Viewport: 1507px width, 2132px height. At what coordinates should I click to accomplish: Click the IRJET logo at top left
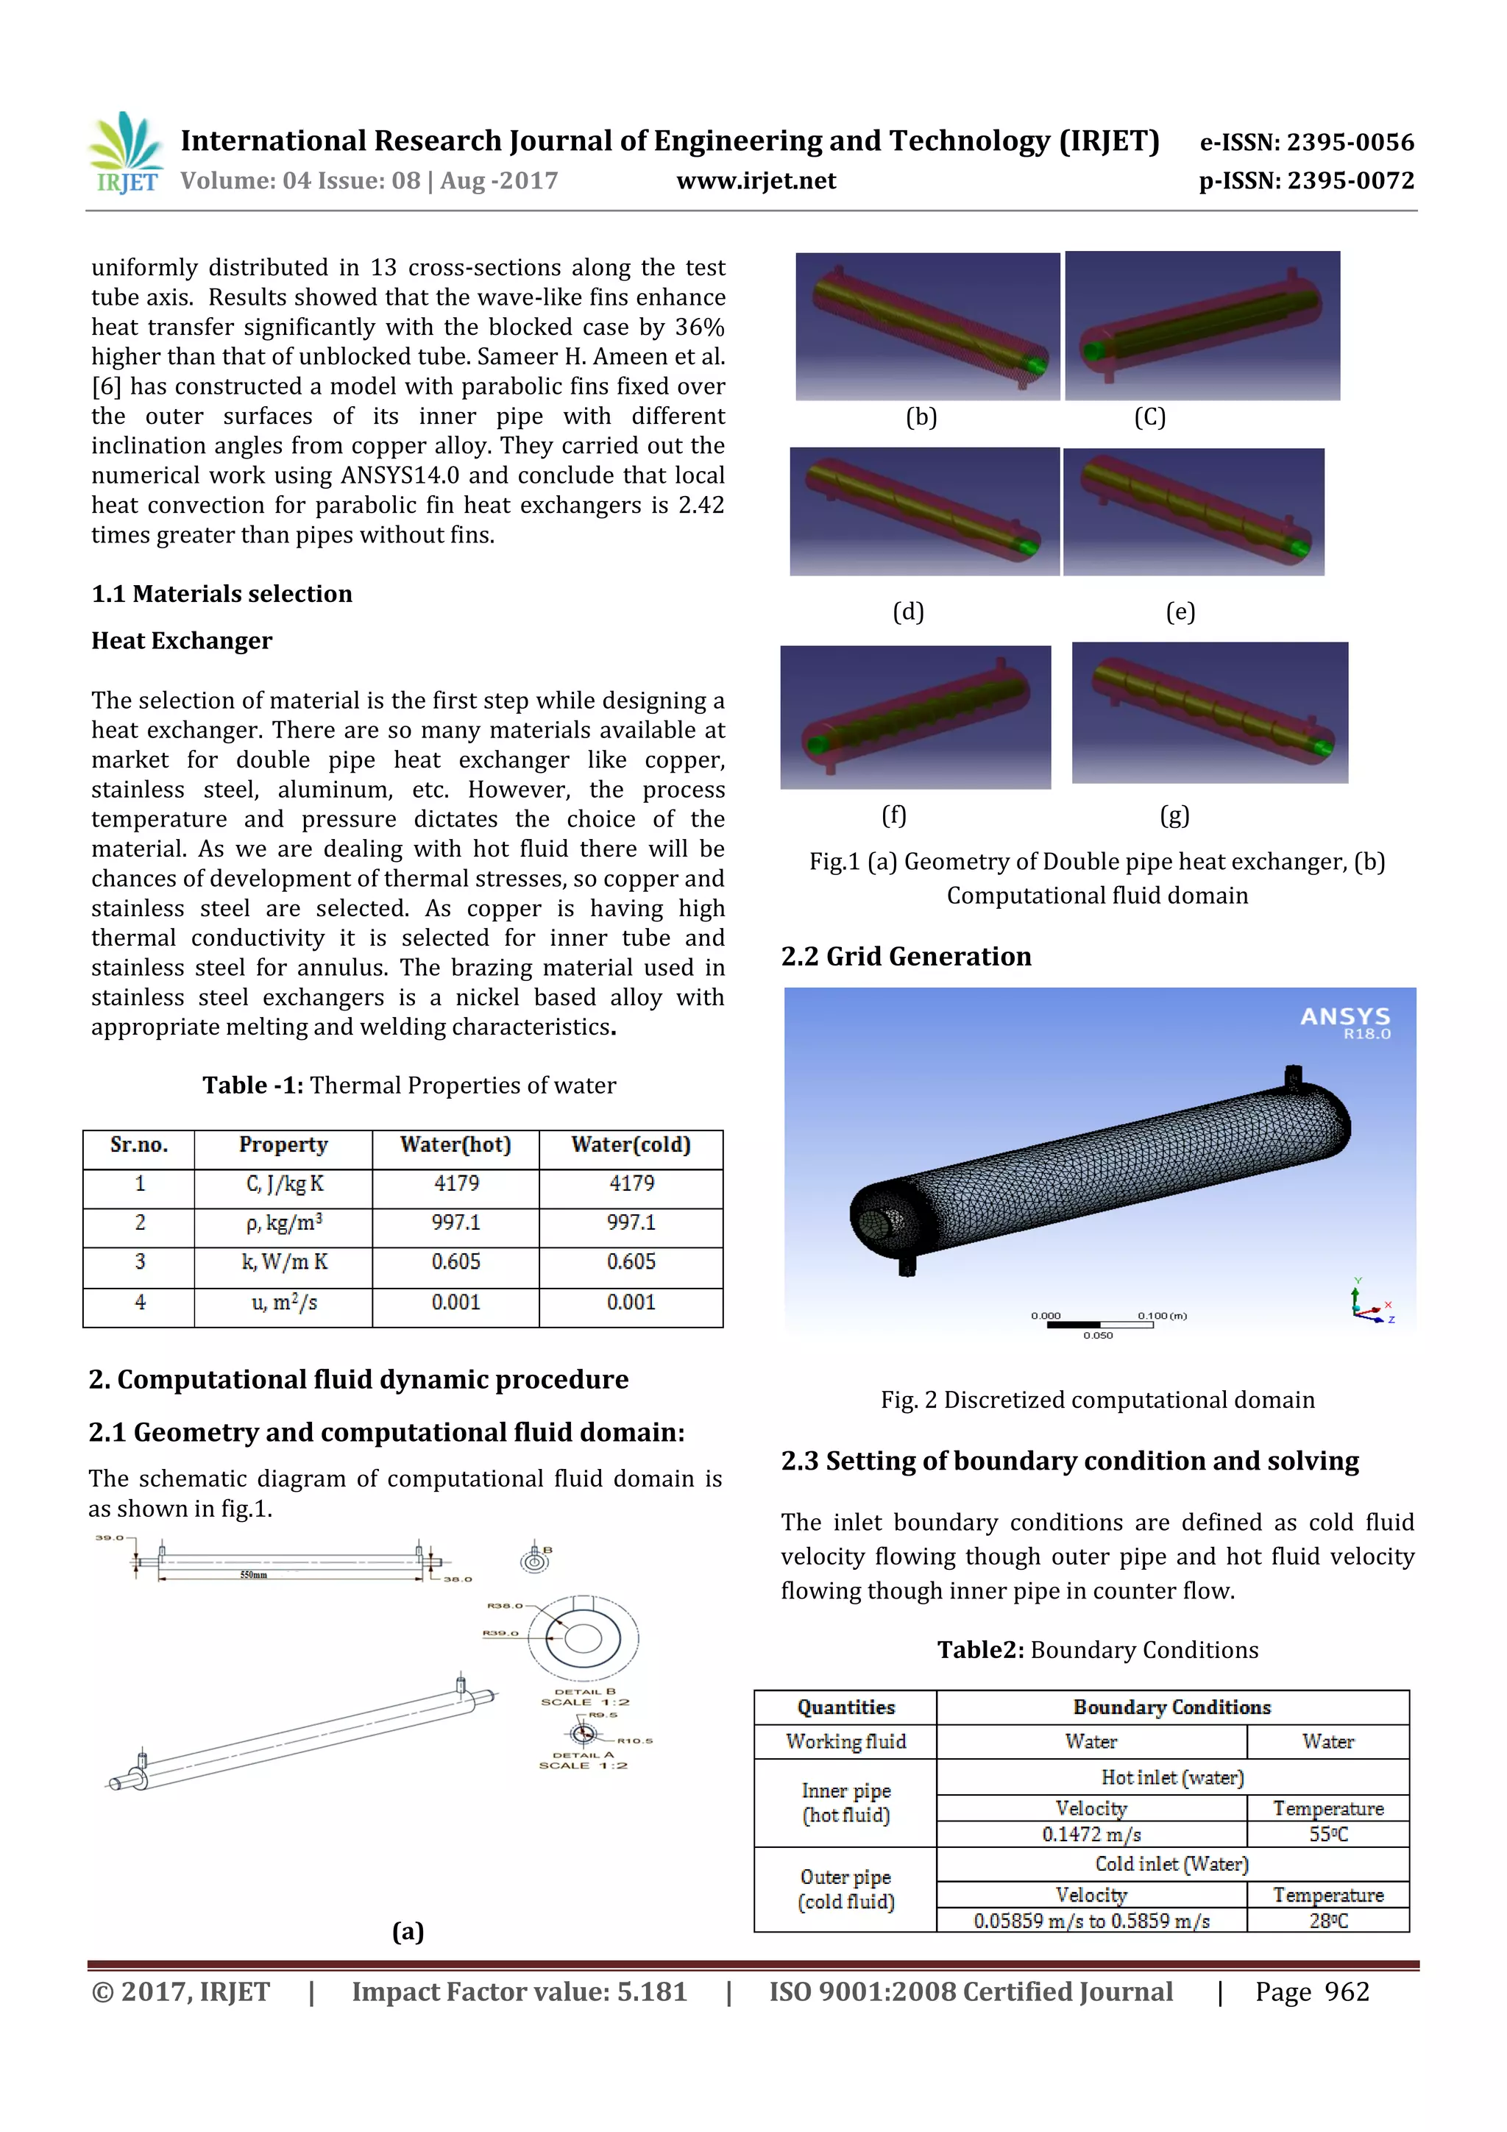[x=127, y=153]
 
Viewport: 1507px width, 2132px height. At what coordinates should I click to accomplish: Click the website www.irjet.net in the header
[x=756, y=181]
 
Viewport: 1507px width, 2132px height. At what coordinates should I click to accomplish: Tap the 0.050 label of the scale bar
[x=1098, y=1335]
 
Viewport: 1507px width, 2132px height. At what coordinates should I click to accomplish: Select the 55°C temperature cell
[x=1327, y=1834]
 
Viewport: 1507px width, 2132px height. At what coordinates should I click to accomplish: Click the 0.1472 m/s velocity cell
[x=1091, y=1834]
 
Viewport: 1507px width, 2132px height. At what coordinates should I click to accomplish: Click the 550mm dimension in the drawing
[x=253, y=1575]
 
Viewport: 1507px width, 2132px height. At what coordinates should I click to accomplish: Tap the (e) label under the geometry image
[x=1180, y=612]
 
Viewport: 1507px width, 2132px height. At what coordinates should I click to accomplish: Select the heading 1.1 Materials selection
[x=222, y=595]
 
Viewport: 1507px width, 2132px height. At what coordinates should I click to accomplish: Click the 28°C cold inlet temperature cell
[x=1327, y=1920]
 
